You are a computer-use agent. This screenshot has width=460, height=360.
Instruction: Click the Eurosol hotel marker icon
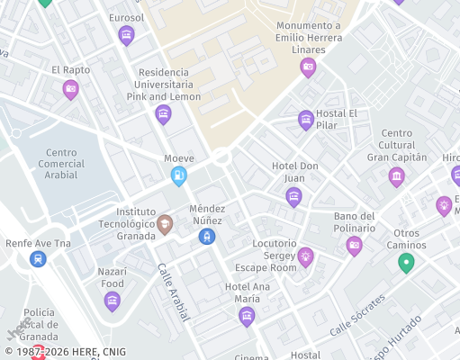(126, 35)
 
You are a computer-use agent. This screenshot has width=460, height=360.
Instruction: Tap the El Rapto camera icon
(70, 88)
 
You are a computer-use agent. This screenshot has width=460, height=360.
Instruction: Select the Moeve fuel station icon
(179, 176)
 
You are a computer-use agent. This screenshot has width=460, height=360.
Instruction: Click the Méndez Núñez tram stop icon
(207, 236)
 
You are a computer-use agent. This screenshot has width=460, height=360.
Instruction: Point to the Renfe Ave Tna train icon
(38, 259)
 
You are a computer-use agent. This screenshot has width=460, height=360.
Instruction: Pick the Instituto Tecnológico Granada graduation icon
(165, 224)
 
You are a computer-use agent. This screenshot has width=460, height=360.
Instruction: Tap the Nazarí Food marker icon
(113, 301)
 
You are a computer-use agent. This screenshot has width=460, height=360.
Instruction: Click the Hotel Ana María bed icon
(247, 316)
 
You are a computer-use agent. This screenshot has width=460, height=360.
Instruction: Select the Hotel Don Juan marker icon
(293, 197)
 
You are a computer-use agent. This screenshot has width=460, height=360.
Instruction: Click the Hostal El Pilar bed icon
(306, 120)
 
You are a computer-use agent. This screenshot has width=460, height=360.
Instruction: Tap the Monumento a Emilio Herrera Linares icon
(308, 67)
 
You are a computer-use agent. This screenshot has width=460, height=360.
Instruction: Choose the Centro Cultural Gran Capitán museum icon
(396, 176)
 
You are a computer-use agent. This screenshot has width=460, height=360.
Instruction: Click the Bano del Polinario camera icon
(354, 246)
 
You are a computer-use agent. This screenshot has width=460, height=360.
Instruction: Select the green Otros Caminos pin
(406, 264)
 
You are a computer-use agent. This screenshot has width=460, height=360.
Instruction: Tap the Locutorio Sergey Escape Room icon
(305, 257)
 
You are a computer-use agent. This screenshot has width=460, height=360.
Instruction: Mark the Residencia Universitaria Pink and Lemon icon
(163, 113)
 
